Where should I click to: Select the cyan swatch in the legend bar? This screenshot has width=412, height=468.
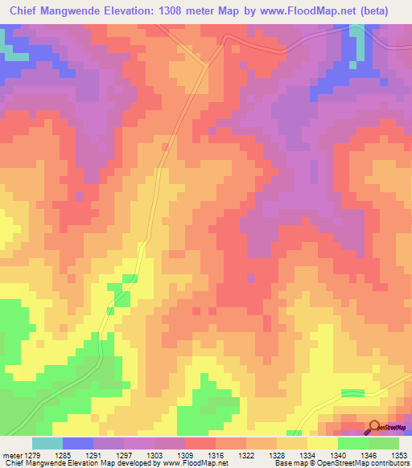pos(47,443)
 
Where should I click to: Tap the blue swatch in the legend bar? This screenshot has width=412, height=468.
pos(77,443)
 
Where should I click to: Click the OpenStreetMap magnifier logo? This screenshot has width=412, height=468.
pos(373,427)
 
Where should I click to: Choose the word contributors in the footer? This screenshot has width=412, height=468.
pos(389,463)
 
